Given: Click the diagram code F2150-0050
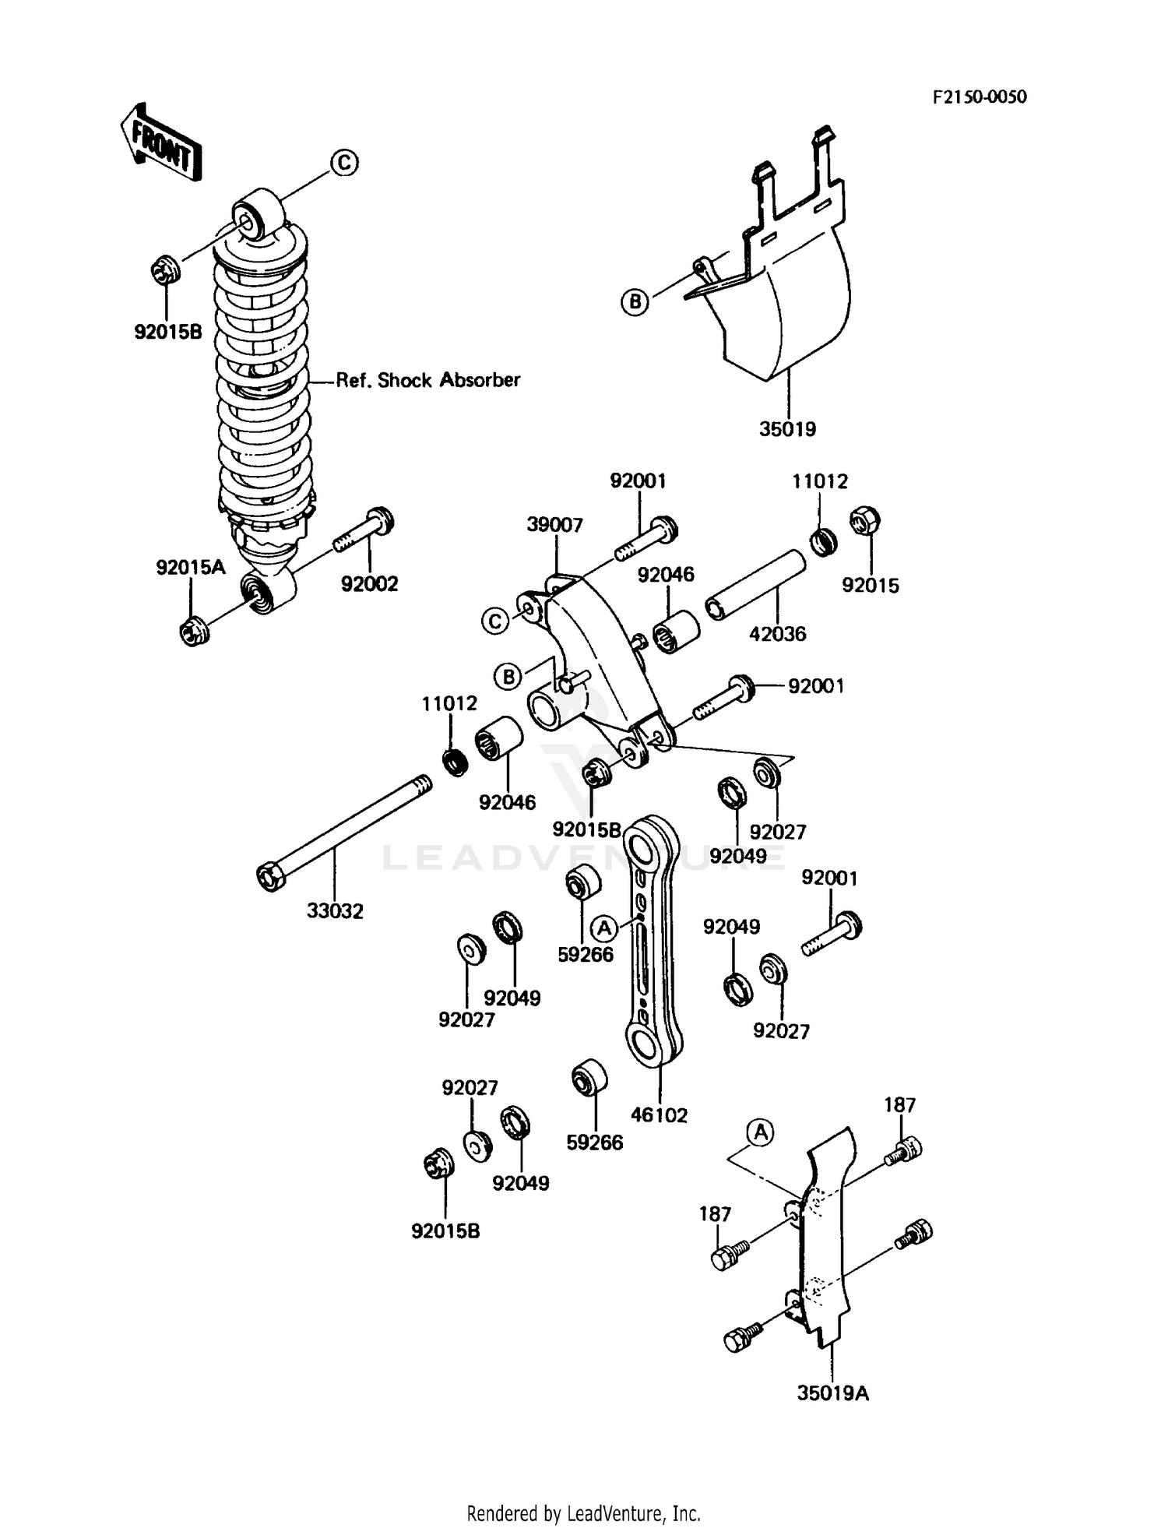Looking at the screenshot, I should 979,97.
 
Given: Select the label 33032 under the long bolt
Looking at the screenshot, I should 335,910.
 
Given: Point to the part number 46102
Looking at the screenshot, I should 659,1114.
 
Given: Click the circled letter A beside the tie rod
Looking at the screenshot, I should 604,928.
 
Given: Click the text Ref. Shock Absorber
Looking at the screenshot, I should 427,380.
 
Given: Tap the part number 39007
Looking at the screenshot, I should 554,525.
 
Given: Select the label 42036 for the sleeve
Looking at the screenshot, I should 777,633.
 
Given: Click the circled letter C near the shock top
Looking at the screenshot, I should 344,163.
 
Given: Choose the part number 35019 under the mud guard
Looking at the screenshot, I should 787,428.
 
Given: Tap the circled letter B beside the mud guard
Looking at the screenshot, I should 635,301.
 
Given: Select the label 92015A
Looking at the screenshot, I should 191,567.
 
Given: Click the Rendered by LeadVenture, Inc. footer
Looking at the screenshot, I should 583,1513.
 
